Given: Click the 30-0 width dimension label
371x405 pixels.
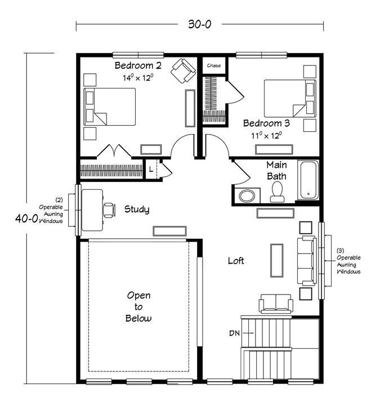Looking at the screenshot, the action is coord(199,24).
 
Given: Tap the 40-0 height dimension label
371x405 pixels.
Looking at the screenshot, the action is coord(26,219).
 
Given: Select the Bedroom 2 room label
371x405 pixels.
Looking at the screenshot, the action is coord(138,65).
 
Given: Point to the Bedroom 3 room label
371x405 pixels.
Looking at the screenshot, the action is coord(266,123).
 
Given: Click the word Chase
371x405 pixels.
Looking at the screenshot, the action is coord(214,65).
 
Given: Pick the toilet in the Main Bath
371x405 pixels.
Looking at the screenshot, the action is coord(278,192).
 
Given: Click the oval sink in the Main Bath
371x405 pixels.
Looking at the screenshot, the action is coord(247,196).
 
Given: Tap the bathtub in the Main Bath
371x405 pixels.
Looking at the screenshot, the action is coord(309,180).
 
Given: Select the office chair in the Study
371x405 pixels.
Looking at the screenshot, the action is coord(109,210).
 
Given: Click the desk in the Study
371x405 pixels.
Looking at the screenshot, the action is coord(92,210).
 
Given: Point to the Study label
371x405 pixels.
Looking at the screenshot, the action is coord(137,209).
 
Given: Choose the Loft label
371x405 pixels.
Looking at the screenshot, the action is coord(236,261).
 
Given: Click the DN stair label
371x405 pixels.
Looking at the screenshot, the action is coord(234,333).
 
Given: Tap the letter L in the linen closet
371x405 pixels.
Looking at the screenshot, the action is coord(151,170).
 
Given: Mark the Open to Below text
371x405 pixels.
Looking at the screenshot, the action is coord(138,307).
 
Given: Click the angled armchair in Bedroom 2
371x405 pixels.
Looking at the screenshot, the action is coord(184,70).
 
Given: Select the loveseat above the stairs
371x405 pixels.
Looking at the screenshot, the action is coord(276,304).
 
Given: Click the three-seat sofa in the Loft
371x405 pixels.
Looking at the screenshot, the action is coord(307,261).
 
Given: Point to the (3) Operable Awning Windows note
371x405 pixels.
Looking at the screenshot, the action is coord(348,261).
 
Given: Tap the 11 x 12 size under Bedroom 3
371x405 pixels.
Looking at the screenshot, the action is coord(266,135).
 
